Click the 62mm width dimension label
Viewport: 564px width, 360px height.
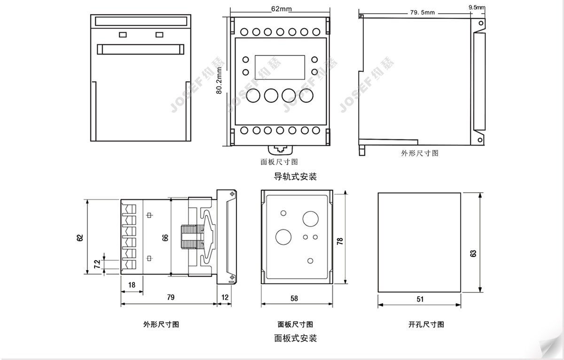281,9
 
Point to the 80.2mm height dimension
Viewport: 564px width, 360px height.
219,80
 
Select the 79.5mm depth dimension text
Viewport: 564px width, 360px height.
423,12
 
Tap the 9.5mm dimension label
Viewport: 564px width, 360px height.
477,8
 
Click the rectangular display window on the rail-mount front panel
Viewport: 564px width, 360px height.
280,68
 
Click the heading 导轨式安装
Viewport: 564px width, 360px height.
295,177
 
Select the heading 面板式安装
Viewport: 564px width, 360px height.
295,338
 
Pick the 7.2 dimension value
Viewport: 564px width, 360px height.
97,264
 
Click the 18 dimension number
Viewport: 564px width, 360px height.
132,285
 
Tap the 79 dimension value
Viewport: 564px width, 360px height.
171,297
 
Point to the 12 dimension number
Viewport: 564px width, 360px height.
225,297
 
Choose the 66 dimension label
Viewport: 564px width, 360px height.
165,238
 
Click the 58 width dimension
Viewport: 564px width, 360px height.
294,298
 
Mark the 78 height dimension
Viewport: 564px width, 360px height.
340,241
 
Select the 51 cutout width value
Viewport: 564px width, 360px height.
420,299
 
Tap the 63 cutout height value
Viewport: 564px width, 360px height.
473,253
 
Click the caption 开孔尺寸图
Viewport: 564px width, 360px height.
426,324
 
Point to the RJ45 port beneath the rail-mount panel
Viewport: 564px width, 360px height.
281,150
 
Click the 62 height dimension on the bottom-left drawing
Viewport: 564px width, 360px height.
80,238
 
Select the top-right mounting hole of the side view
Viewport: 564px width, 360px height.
481,23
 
